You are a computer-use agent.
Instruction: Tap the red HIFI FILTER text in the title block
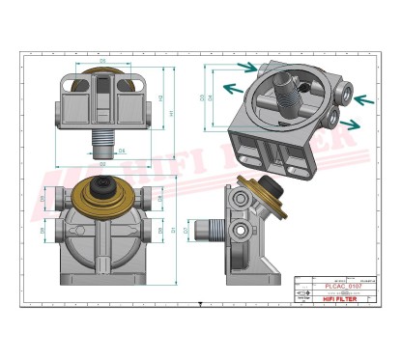(x=330, y=299)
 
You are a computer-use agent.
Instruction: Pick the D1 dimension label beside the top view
(x=173, y=232)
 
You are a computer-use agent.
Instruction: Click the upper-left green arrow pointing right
(x=247, y=68)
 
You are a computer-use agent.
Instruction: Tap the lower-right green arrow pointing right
(x=354, y=123)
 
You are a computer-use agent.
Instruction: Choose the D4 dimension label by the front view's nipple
(x=122, y=152)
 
